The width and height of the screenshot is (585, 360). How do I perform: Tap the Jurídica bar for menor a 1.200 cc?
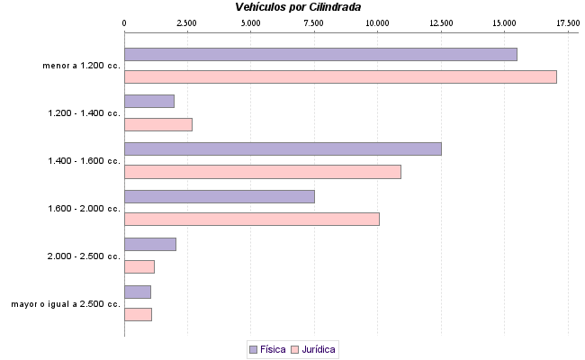[340, 76]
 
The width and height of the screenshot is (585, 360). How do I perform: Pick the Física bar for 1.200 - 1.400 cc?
[149, 102]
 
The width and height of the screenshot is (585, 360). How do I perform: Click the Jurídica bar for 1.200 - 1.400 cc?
[158, 124]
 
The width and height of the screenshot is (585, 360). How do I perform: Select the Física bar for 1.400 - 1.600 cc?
[283, 148]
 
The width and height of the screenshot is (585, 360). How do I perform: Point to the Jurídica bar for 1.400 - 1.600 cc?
[262, 172]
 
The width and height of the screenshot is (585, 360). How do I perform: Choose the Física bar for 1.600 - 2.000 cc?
[220, 196]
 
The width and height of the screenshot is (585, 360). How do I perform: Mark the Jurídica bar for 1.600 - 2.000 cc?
[252, 219]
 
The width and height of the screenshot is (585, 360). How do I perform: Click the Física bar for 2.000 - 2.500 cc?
[150, 244]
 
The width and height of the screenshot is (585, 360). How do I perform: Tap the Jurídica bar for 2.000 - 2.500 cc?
[139, 266]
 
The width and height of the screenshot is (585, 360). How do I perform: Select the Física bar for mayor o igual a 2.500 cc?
[138, 292]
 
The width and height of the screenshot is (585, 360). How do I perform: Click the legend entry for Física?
[266, 348]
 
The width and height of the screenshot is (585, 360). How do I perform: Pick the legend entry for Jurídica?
[313, 348]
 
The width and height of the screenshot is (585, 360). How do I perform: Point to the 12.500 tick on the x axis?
[441, 22]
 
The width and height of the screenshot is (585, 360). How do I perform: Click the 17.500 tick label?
[568, 22]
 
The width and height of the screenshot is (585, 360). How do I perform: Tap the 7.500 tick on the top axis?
[314, 22]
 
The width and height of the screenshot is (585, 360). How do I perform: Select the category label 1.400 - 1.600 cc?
[84, 160]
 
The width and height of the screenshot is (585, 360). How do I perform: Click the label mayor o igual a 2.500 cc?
[66, 304]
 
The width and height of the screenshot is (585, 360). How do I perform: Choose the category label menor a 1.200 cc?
[81, 65]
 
